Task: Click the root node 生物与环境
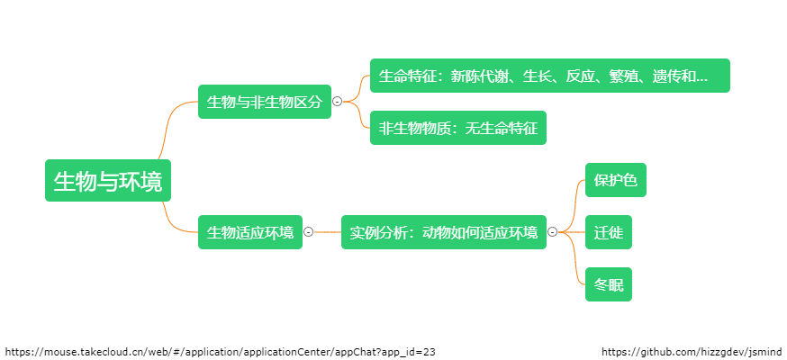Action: tap(108, 181)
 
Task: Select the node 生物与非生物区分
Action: tap(264, 102)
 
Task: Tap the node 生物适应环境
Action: tap(250, 232)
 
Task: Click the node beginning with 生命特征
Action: tap(549, 76)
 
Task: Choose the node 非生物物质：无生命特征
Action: tap(457, 128)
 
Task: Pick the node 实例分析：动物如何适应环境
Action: tap(443, 232)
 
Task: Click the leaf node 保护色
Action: tap(615, 180)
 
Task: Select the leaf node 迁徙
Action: tap(608, 232)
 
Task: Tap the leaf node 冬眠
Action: tap(608, 284)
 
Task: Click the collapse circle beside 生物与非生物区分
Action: tap(338, 102)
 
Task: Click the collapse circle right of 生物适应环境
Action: tap(309, 232)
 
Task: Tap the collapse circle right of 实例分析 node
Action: tap(553, 232)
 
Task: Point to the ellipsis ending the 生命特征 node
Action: tap(702, 76)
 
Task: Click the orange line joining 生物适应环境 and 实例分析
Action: tap(327, 232)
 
